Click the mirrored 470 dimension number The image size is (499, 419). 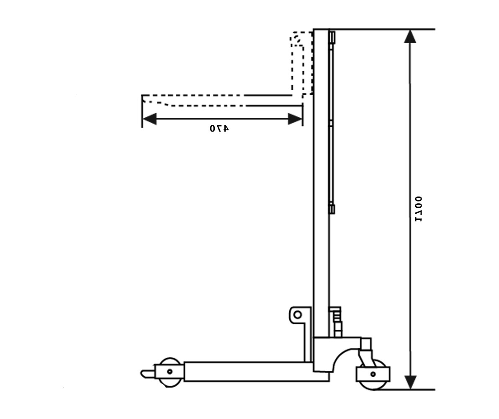click(x=219, y=128)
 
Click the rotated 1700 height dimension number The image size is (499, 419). click(x=418, y=209)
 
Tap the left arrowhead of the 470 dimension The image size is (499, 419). click(x=149, y=119)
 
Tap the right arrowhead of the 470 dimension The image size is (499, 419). click(x=295, y=119)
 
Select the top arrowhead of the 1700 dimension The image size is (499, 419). click(x=410, y=36)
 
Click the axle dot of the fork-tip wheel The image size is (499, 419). click(x=170, y=371)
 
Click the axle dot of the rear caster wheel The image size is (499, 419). click(x=373, y=374)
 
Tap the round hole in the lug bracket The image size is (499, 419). click(x=297, y=315)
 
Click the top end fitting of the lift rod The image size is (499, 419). click(x=332, y=37)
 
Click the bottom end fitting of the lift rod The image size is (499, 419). click(x=332, y=209)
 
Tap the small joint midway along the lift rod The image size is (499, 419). click(x=331, y=123)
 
